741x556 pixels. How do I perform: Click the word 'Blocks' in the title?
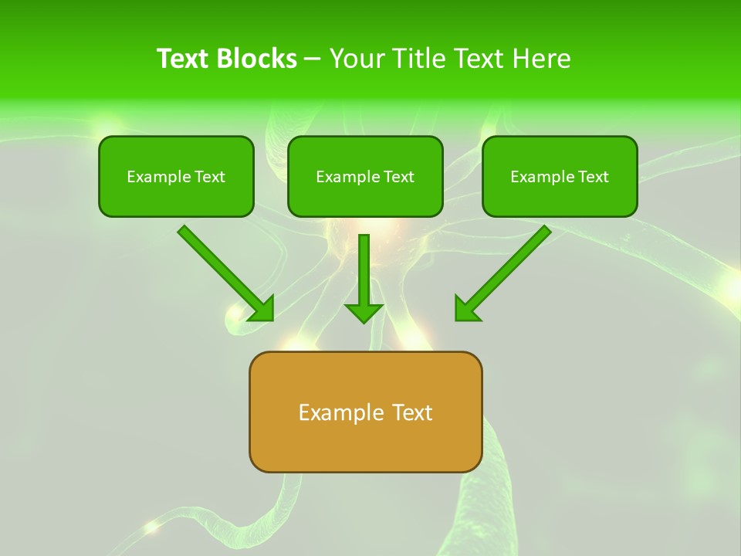[x=257, y=59]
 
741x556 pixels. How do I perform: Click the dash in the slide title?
[x=313, y=59]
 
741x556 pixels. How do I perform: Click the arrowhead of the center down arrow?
[x=364, y=312]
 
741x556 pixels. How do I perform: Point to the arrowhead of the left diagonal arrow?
[x=262, y=309]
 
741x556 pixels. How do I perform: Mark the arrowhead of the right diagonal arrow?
[x=466, y=309]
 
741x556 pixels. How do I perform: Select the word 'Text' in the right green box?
[x=593, y=177]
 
